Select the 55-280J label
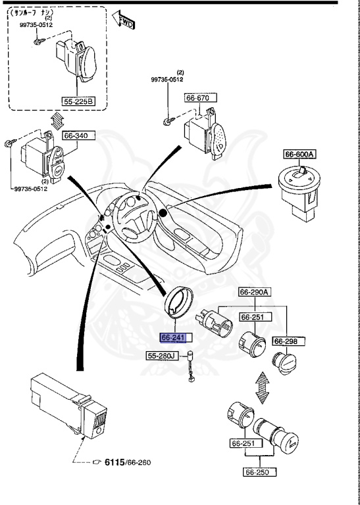coord(161,356)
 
